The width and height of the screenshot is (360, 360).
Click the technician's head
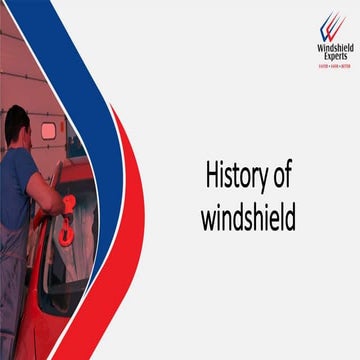pyautogui.click(x=19, y=126)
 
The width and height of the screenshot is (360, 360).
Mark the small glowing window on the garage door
pyautogui.click(x=48, y=131)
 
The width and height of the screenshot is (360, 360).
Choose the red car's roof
pyautogui.click(x=80, y=170)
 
